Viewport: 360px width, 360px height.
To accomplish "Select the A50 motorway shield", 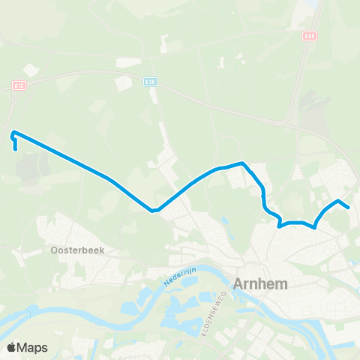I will (x=310, y=35).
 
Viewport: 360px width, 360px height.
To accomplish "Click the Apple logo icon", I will (x=12, y=347).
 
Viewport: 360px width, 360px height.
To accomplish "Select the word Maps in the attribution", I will (x=34, y=347).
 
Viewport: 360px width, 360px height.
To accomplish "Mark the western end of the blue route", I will (x=16, y=149).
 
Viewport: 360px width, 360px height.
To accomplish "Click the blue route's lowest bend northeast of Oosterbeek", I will (x=153, y=211).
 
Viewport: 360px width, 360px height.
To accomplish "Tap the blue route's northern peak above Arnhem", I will (x=242, y=163).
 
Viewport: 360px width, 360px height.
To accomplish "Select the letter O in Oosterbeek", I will (x=55, y=250).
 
